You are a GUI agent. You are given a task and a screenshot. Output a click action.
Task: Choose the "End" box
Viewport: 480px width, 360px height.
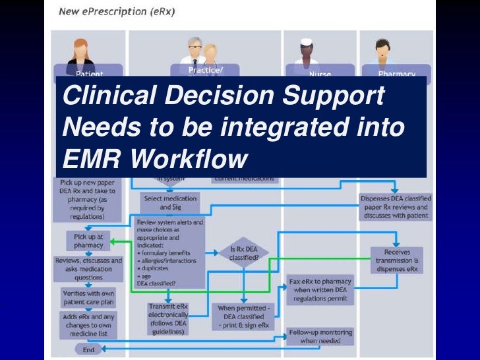(88, 349)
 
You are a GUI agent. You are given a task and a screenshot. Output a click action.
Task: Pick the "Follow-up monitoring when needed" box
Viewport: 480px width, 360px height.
(321, 337)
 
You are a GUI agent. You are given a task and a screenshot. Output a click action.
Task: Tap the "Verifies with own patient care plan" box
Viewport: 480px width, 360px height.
(88, 297)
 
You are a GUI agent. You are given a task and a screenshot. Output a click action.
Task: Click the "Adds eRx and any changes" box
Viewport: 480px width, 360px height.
(88, 325)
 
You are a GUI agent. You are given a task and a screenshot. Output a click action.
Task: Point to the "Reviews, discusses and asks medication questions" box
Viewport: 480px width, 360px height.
(88, 268)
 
